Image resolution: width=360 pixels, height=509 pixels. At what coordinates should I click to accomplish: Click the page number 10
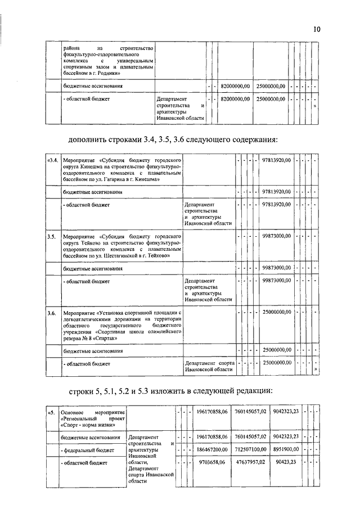317,29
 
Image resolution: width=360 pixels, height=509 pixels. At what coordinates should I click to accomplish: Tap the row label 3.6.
51,313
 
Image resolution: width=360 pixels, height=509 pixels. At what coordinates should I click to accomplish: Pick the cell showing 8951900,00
286,451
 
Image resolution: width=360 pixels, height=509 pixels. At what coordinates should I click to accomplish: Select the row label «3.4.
51,161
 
